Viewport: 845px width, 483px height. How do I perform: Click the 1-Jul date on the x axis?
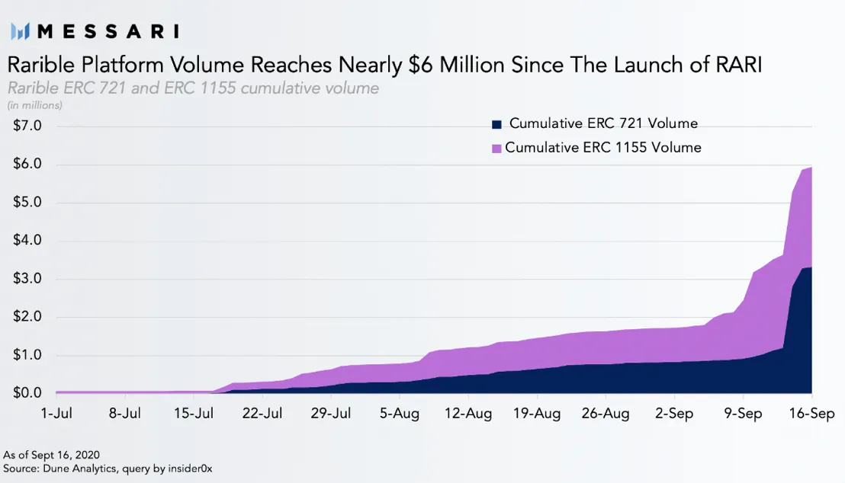tap(56, 414)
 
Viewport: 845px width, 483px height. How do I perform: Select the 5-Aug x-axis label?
tap(400, 414)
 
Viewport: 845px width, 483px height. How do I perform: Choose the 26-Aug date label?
tap(606, 414)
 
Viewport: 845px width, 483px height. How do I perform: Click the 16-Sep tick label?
tap(811, 414)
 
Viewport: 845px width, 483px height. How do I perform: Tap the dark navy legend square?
tap(497, 124)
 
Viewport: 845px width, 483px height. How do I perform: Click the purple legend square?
tap(496, 149)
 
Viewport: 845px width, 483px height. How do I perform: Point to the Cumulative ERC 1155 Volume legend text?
tap(602, 148)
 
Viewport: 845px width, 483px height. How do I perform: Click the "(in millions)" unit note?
tap(35, 105)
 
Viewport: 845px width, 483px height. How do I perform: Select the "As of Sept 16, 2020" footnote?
tap(51, 455)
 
